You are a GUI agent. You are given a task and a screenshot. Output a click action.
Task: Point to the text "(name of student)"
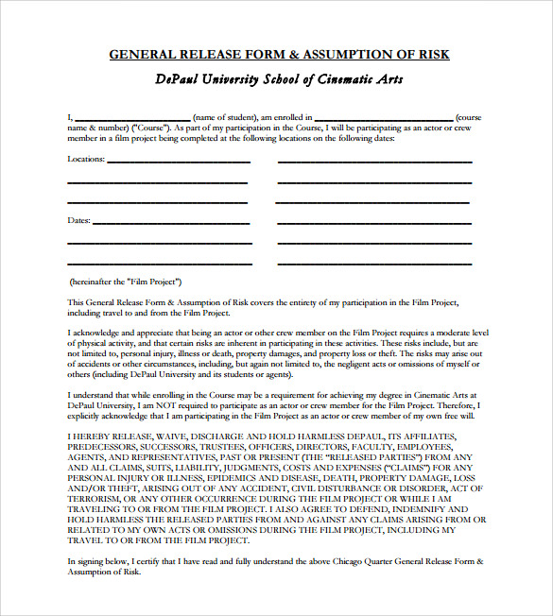224,118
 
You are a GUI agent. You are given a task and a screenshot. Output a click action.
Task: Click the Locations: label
86,159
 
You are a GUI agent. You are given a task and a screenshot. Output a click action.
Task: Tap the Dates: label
79,220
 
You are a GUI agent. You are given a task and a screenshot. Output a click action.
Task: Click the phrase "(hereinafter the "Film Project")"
126,282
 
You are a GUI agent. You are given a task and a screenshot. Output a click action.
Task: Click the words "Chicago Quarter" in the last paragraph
328,561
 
